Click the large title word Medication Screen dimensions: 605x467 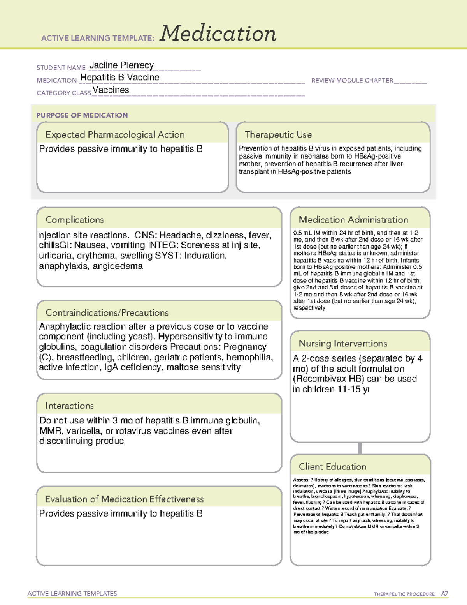click(218, 34)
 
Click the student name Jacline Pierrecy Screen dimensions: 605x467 click(121, 65)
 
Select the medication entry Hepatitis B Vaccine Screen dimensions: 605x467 click(119, 78)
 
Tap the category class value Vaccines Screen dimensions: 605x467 click(111, 90)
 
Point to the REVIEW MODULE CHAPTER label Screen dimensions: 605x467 click(352, 80)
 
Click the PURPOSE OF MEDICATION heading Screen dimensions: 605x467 click(82, 115)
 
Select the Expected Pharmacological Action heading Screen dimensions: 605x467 click(115, 134)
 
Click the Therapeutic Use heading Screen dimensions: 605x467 click(278, 134)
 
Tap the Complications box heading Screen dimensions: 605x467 click(74, 220)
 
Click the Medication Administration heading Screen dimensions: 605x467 click(353, 220)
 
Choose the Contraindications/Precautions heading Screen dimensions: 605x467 click(107, 313)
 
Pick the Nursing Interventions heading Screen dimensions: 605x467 click(342, 344)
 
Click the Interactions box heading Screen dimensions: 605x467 click(69, 406)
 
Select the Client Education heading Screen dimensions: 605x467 click(332, 467)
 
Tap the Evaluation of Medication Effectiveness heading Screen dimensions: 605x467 click(124, 499)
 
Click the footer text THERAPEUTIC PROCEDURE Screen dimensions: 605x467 click(404, 594)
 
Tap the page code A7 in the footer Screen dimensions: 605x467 click(444, 594)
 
